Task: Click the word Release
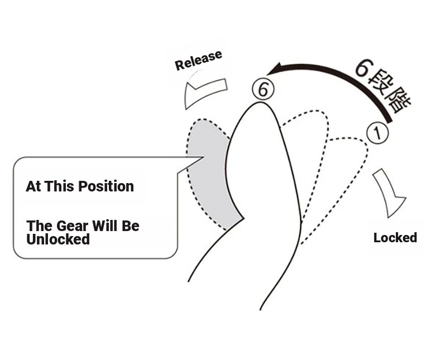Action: (x=198, y=60)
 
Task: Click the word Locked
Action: (x=395, y=238)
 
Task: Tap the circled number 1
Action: (x=377, y=133)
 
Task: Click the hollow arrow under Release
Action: (x=204, y=93)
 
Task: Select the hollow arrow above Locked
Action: (x=391, y=193)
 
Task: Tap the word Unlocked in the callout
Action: (x=58, y=239)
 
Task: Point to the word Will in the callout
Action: (x=106, y=226)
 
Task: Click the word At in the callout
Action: (x=33, y=186)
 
